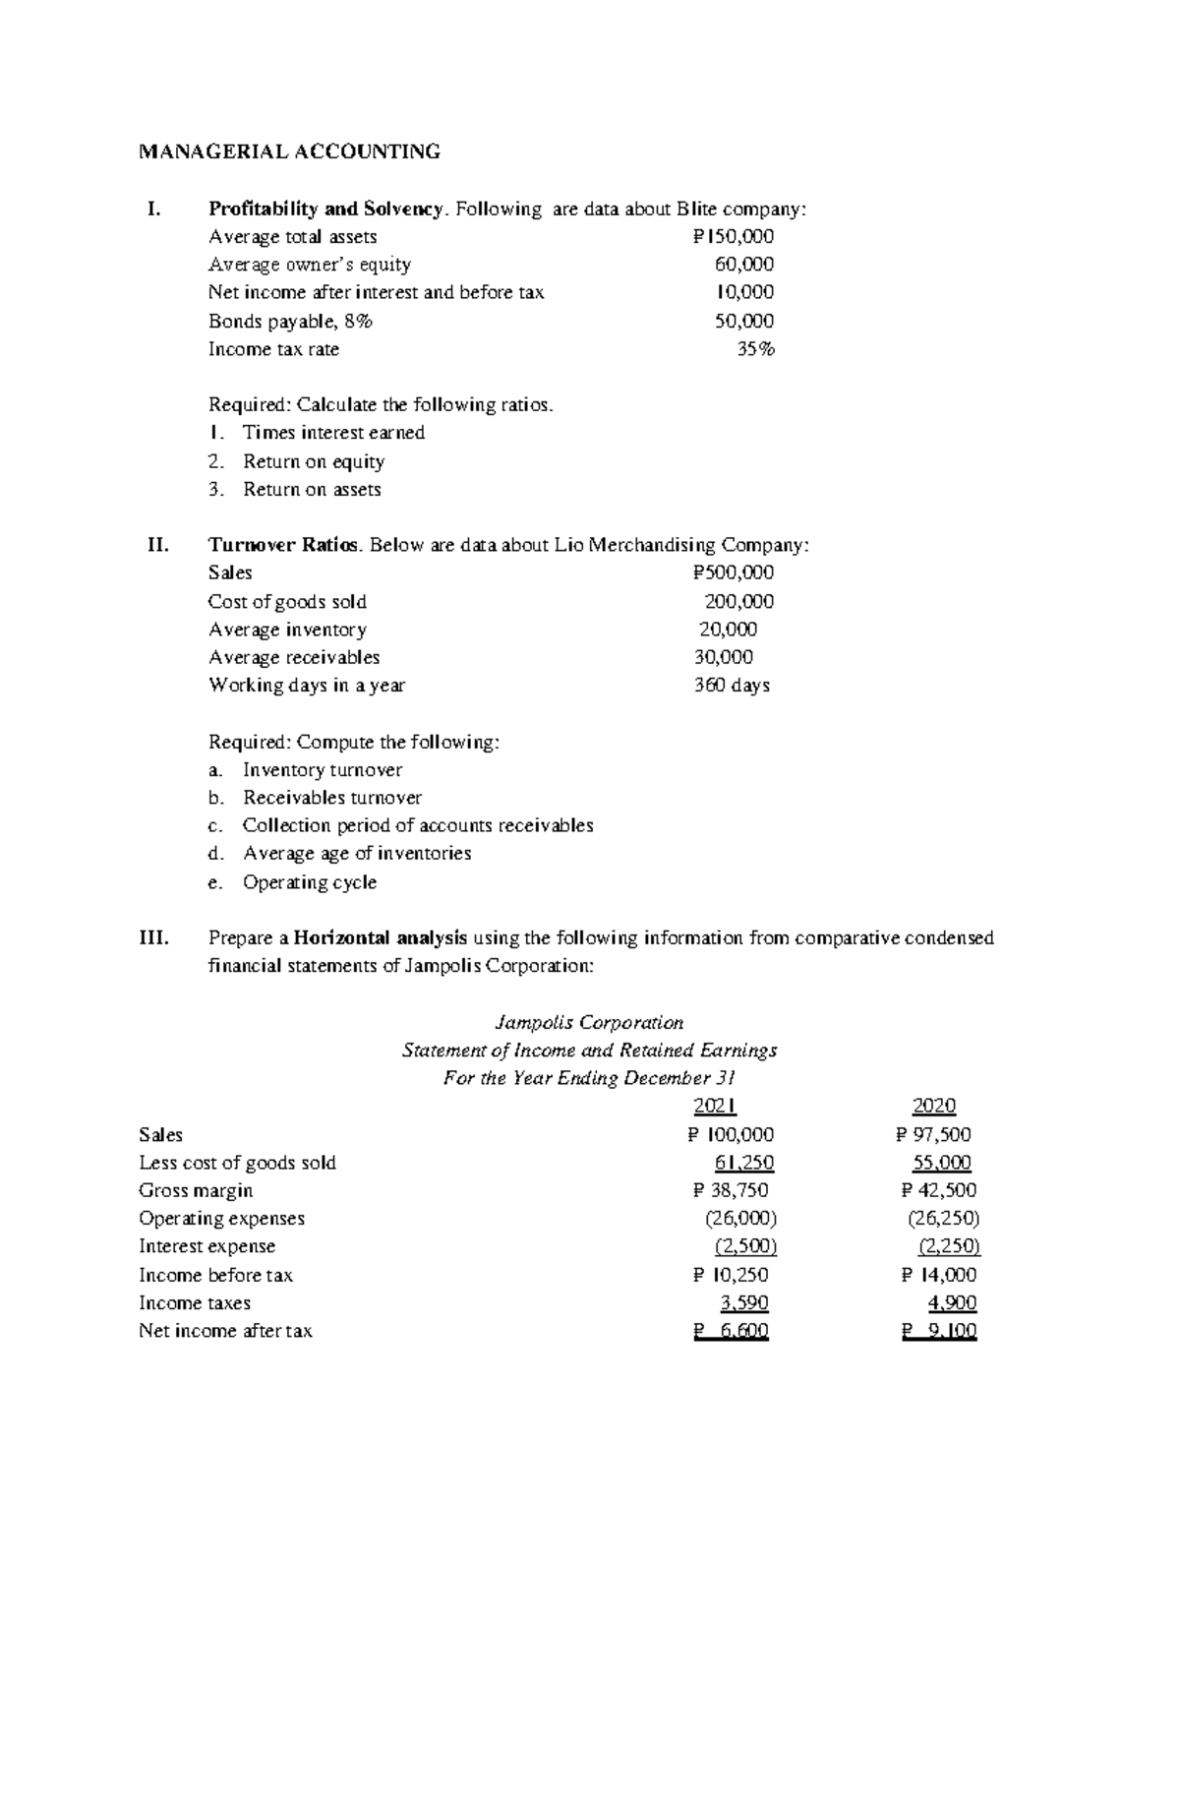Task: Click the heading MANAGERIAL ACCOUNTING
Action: tap(289, 151)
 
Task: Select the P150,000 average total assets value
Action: tap(733, 236)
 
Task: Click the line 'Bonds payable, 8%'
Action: tap(290, 321)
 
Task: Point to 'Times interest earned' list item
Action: tap(333, 433)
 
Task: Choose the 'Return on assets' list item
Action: tap(312, 489)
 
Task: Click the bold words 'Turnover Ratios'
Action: tap(284, 545)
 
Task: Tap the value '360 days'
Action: tap(732, 685)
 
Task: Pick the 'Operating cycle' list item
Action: tap(310, 882)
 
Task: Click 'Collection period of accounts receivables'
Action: tap(418, 825)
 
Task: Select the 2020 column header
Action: tap(933, 1106)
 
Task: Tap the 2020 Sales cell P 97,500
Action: tap(933, 1134)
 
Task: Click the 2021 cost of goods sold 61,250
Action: tap(744, 1163)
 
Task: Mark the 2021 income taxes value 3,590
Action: tap(744, 1303)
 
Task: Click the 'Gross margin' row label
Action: tap(196, 1190)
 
